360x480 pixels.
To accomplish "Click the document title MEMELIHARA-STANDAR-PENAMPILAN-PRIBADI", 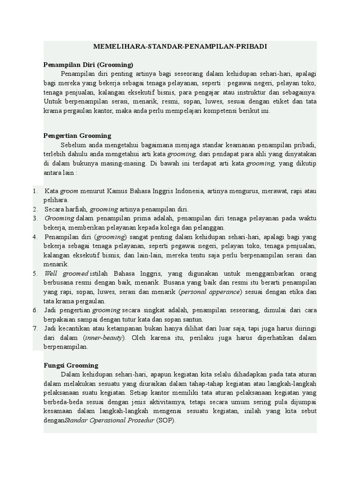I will pyautogui.click(x=180, y=47).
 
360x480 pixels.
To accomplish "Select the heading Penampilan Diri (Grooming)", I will pyautogui.click(x=88, y=65).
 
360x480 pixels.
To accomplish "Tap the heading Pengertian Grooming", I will pyautogui.click(x=77, y=135).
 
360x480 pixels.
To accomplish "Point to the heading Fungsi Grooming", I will pyautogui.click(x=71, y=365).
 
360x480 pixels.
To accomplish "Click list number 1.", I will pyautogui.click(x=35, y=191).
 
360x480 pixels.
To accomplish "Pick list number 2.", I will pyautogui.click(x=35, y=209).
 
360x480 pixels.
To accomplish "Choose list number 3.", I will pyautogui.click(x=35, y=218).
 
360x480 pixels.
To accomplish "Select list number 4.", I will pyautogui.click(x=35, y=236).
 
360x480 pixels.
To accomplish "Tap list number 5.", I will pyautogui.click(x=35, y=273).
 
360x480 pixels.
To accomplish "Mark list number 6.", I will pyautogui.click(x=35, y=310).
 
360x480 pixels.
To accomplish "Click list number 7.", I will pyautogui.click(x=35, y=328).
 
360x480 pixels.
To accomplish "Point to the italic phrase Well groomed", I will pyautogui.click(x=66, y=273).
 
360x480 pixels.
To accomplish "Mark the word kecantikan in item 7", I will pyautogui.click(x=74, y=328).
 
